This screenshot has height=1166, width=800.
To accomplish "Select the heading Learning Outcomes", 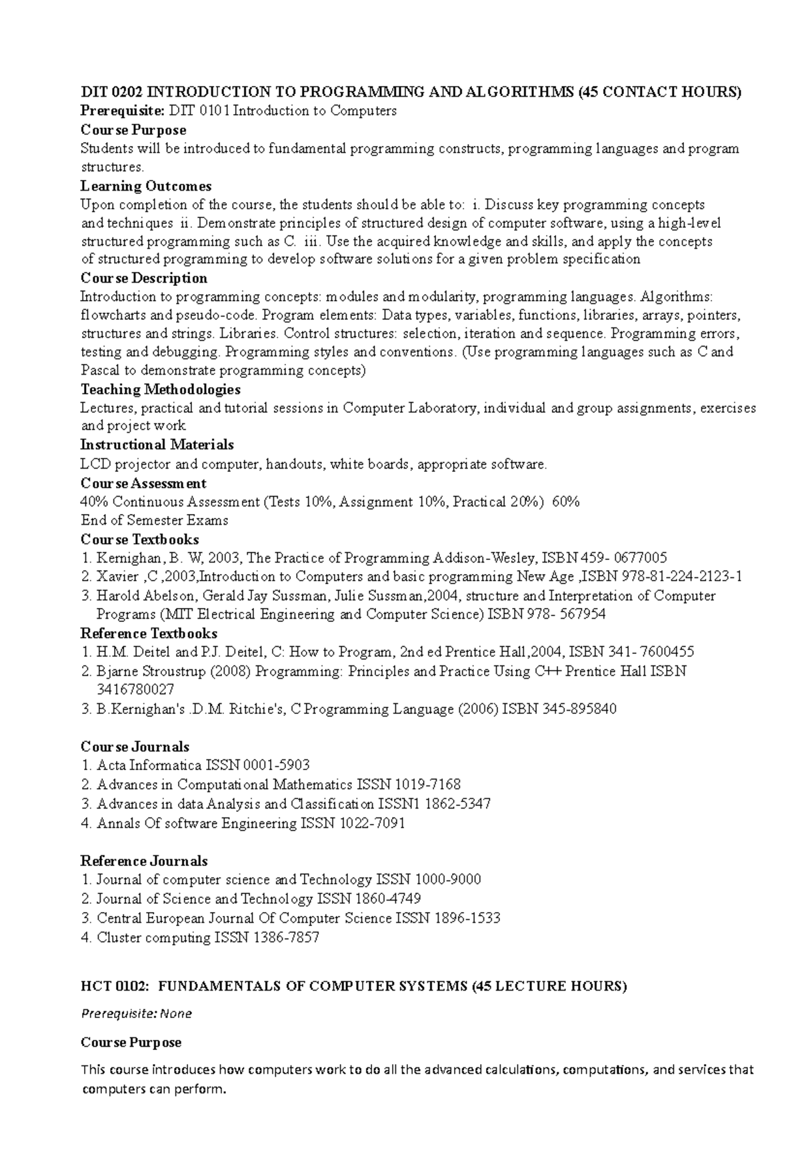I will [146, 186].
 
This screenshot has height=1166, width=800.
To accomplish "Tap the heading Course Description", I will [143, 278].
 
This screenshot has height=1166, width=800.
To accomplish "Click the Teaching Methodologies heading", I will [160, 389].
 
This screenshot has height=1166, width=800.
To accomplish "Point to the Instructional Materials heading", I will [157, 445].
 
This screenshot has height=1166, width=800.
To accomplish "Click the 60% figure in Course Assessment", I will [566, 502].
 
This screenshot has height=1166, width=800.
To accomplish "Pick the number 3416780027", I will [135, 689].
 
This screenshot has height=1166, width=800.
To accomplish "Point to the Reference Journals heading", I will [144, 861].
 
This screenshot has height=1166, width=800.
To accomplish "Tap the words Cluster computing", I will [153, 938].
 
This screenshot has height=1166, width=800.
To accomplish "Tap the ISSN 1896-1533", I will [467, 919].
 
